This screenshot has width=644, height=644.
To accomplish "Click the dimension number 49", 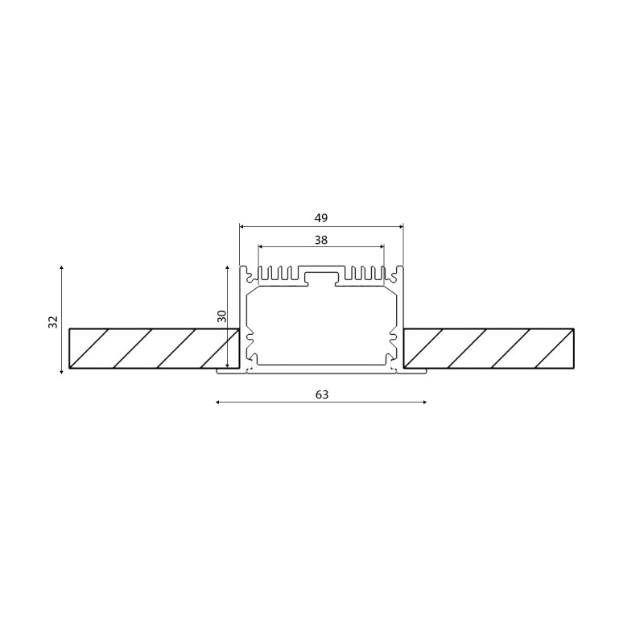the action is [x=321, y=218].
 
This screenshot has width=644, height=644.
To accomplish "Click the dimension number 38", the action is [x=321, y=240].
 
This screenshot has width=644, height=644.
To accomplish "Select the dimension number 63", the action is [x=322, y=394].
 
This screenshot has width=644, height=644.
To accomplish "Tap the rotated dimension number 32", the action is [x=53, y=322].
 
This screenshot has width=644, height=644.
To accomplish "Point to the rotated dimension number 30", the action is [x=222, y=316].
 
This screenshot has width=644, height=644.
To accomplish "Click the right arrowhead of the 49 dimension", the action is [x=401, y=226].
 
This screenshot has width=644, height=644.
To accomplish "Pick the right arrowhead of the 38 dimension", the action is [x=382, y=246].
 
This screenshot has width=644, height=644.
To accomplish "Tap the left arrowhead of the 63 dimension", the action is [x=218, y=402].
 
